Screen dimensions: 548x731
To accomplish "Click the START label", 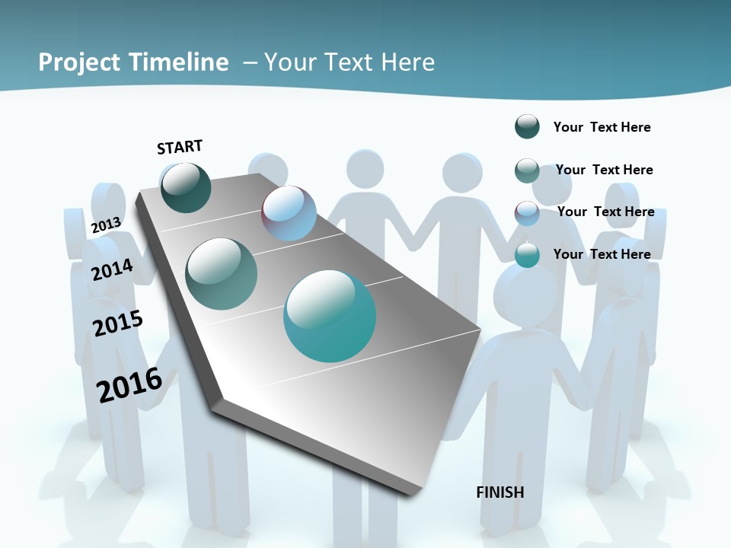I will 180,147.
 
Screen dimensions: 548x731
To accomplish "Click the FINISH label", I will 500,492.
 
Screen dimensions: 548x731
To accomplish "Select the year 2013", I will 106,225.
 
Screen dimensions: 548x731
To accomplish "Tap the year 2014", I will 112,269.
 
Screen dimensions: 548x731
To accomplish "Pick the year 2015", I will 118,323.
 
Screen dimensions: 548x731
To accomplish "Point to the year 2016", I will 129,385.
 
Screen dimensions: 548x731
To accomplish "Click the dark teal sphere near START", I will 186,188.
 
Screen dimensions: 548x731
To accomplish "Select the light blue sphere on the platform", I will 289,213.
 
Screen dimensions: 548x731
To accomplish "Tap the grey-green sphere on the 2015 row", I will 222,274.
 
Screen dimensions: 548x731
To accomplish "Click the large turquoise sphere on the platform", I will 330,316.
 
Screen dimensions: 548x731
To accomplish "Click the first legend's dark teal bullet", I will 527,127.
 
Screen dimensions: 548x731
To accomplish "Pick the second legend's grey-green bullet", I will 527,170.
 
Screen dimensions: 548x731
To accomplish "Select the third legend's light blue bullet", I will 527,213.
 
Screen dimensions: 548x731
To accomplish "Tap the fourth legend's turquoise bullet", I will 527,256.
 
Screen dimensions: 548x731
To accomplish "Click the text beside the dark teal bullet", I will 602,127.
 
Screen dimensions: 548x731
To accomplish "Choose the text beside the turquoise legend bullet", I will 602,254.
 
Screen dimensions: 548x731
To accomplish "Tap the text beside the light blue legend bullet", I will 605,212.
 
